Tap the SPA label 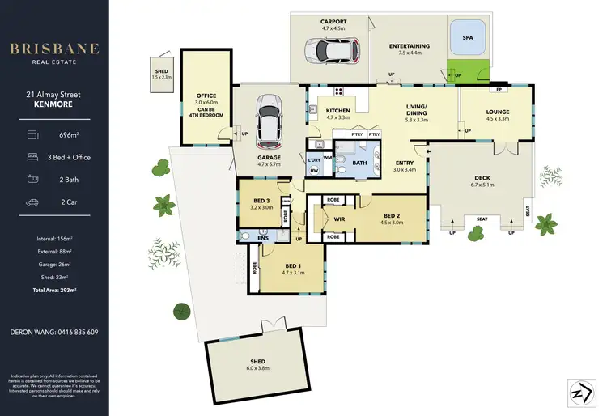468,37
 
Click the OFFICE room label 206,96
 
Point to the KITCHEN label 337,111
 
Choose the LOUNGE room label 497,112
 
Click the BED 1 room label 292,265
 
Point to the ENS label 263,239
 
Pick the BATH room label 360,163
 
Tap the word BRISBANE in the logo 54,49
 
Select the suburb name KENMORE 54,105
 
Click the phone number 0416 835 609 54,332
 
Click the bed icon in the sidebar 32,155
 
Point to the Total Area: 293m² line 54,289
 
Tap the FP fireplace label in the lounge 500,89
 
